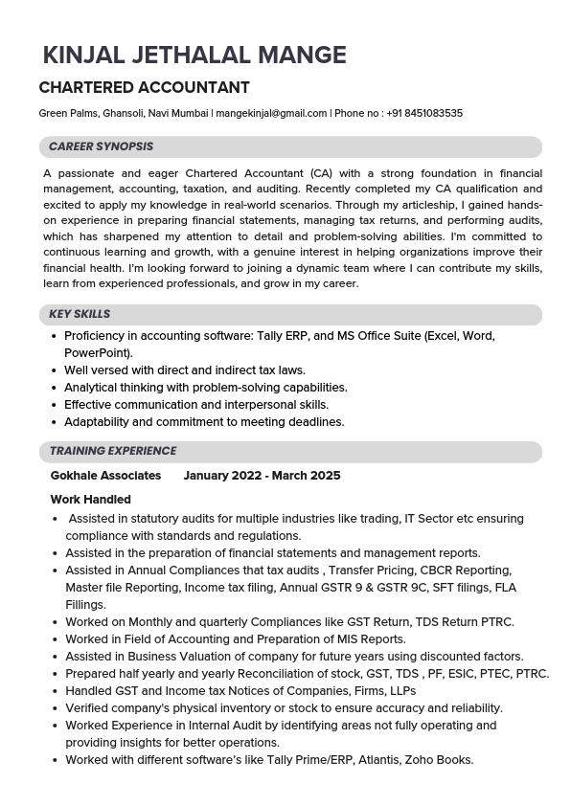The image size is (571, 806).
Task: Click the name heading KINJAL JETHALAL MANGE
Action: coord(194,56)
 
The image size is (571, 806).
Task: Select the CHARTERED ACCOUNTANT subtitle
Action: coord(144,88)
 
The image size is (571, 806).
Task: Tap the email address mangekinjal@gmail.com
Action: coord(271,113)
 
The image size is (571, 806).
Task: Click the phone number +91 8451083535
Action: coord(423,113)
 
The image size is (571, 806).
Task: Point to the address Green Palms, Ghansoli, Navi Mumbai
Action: coord(124,113)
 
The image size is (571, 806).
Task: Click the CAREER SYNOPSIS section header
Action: coord(101,147)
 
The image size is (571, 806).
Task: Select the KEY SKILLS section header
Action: coord(80,314)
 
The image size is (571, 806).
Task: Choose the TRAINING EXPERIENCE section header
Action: coord(113,451)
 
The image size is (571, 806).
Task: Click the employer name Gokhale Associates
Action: coord(105,476)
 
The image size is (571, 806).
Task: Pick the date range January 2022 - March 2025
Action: coord(262,476)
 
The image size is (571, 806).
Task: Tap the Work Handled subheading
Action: coord(90,500)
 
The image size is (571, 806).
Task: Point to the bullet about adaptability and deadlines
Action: coord(204,422)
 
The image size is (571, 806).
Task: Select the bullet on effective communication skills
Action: coord(195,405)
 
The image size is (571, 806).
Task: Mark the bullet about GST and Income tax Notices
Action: coord(240,691)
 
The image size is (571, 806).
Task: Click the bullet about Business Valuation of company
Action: coord(294,657)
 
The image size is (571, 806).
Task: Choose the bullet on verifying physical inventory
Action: coord(284,708)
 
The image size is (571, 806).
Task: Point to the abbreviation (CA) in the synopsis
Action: coord(320,173)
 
